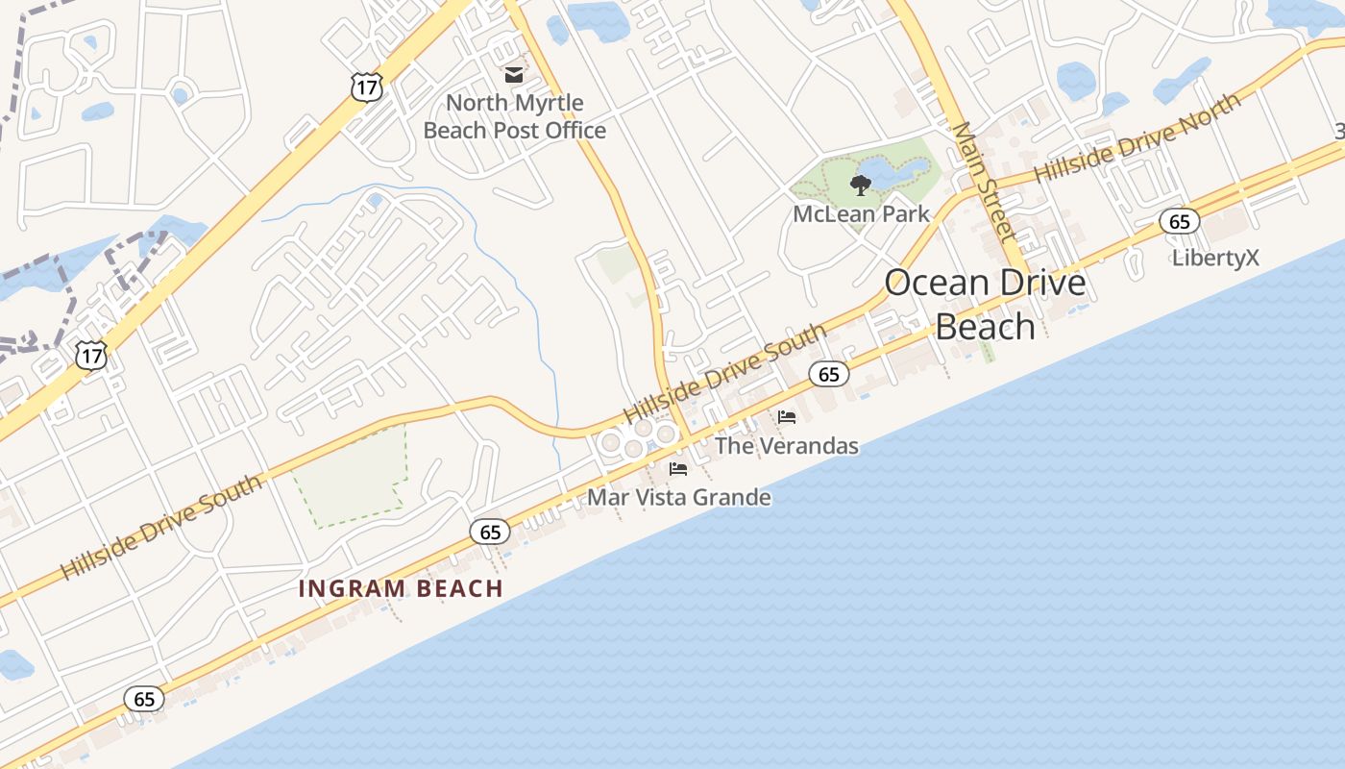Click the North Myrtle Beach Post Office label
[515, 116]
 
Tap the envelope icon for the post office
[514, 74]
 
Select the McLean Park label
[861, 213]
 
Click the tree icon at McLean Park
[860, 184]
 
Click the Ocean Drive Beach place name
[985, 304]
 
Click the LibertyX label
[1215, 258]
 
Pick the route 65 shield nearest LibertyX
[1179, 222]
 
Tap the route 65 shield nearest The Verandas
[829, 374]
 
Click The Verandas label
[787, 446]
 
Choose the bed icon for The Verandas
[787, 417]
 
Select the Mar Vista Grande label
[679, 497]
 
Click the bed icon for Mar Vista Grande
[678, 469]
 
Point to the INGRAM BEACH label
[401, 588]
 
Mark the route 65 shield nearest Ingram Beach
[490, 531]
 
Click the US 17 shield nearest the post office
[367, 87]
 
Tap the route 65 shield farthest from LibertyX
[144, 699]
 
